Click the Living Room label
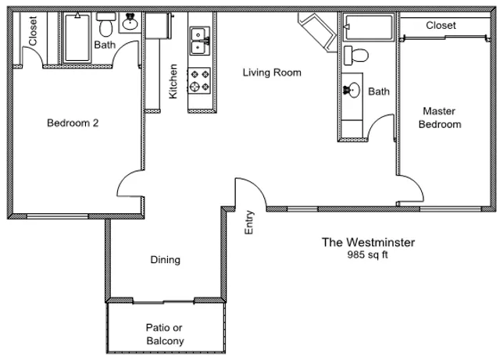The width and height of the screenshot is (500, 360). pos(272,73)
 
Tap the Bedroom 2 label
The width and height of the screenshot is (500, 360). pos(73,123)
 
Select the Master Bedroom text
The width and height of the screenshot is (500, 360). pos(440,118)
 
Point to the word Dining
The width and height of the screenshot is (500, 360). pos(165,260)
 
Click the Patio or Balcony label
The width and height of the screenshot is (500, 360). pos(165,334)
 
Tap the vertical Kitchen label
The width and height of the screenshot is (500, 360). pos(173,81)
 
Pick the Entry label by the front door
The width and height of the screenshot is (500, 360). pos(249,223)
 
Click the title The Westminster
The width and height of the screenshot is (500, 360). pos(368,242)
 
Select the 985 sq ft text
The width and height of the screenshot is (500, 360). pos(368,255)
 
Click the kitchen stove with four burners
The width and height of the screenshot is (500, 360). pos(199,80)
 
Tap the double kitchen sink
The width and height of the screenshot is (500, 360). pos(200,41)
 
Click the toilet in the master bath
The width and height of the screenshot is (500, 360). pos(356,55)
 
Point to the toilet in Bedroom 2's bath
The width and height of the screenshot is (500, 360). pos(106,25)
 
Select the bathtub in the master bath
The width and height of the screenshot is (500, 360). pos(369,27)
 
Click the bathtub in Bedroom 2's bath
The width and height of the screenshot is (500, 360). pos(77,37)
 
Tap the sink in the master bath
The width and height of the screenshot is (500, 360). pos(352,91)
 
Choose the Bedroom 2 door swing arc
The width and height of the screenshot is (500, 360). pos(123,179)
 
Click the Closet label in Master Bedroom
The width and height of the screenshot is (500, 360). pos(441,26)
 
